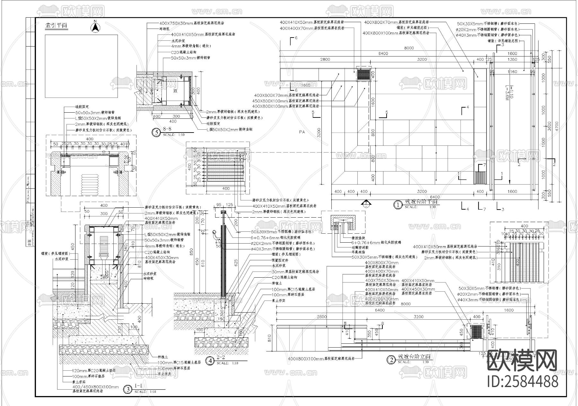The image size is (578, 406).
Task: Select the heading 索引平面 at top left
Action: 56,26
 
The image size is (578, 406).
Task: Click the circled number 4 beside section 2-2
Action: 210,361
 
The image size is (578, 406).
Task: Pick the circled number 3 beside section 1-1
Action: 128,389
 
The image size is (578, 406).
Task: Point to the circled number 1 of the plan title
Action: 398,204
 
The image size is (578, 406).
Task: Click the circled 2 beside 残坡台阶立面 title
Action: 391,360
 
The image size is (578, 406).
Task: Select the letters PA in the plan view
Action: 302,132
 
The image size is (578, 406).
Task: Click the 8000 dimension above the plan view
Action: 409,48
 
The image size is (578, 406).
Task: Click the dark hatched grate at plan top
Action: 364,74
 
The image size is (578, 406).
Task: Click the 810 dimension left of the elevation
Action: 269,337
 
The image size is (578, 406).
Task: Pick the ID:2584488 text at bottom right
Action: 523,382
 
